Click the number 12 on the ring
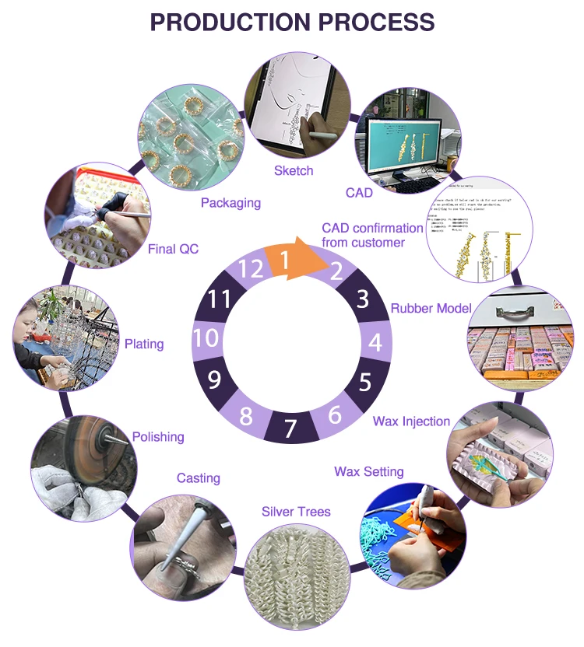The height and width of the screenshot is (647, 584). pyautogui.click(x=250, y=269)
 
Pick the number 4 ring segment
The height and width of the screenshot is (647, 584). pyautogui.click(x=375, y=342)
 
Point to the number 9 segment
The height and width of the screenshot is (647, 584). pyautogui.click(x=216, y=380)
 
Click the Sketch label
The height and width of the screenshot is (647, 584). pyautogui.click(x=294, y=170)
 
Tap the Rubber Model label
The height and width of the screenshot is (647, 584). pyautogui.click(x=431, y=308)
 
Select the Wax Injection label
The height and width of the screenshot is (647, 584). pyautogui.click(x=411, y=421)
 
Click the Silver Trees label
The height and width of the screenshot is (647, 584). pyautogui.click(x=296, y=511)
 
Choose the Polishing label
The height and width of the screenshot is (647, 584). pyautogui.click(x=158, y=437)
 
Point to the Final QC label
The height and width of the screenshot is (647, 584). pyautogui.click(x=173, y=249)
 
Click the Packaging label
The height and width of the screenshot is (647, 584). pyautogui.click(x=230, y=203)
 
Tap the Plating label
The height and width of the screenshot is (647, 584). pyautogui.click(x=144, y=344)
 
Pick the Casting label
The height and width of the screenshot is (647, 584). pyautogui.click(x=199, y=477)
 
